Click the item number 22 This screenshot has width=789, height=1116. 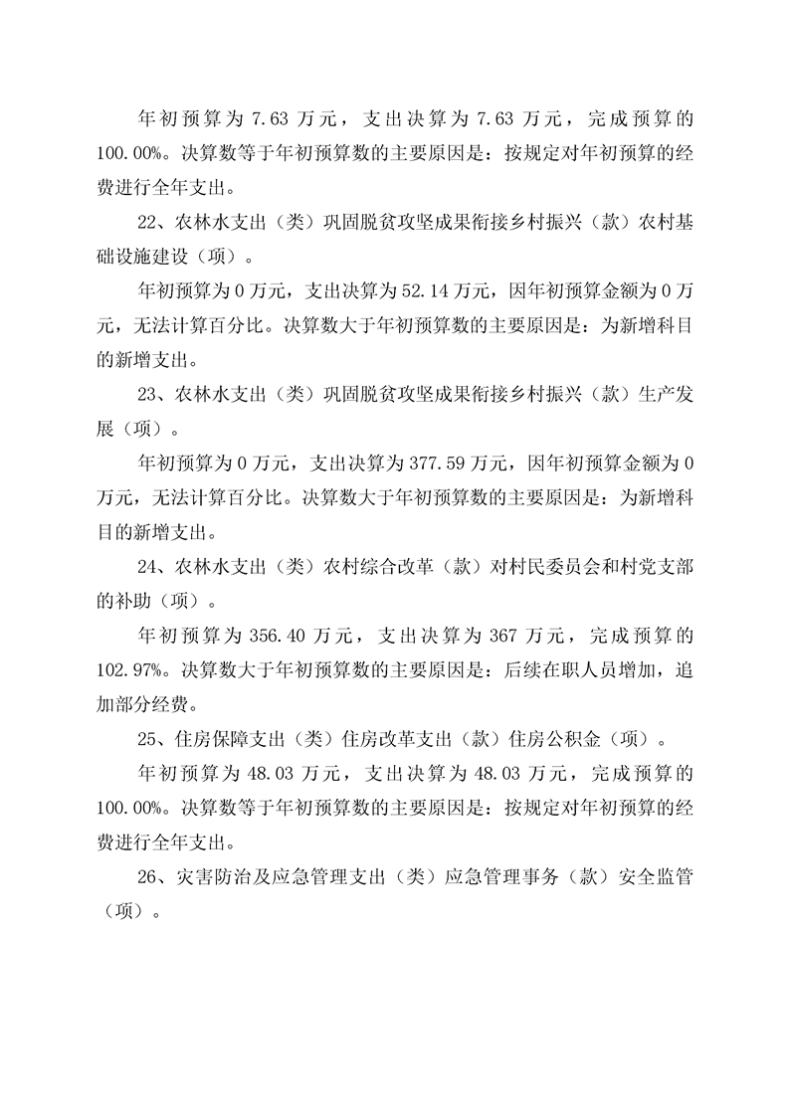[x=145, y=222]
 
